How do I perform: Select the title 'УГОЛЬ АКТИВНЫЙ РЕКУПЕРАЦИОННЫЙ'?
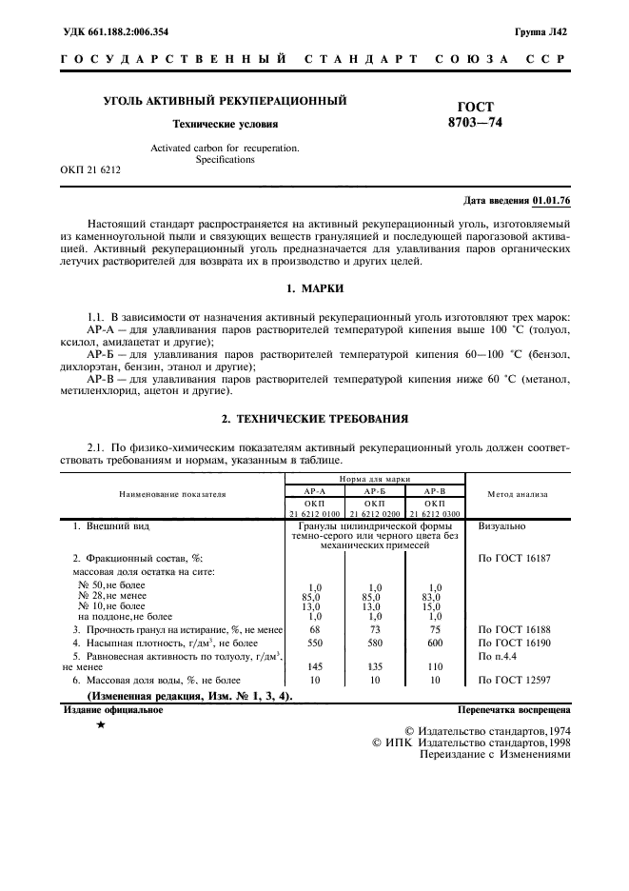(x=225, y=100)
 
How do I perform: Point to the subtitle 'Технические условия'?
(x=225, y=124)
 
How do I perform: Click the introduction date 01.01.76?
(x=552, y=201)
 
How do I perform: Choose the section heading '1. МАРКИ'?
(x=314, y=287)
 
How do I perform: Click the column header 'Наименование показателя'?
(x=172, y=494)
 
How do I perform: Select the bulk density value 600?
(x=435, y=643)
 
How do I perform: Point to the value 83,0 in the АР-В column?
(x=435, y=596)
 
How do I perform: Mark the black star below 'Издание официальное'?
(x=100, y=725)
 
